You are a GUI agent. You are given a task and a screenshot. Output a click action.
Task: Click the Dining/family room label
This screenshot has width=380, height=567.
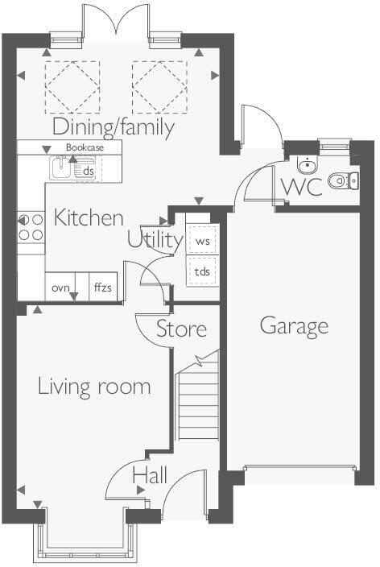tap(114, 127)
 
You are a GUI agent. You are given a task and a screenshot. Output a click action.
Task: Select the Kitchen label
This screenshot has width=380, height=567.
tap(89, 217)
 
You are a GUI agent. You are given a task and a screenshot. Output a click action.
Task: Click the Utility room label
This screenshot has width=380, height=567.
tap(154, 239)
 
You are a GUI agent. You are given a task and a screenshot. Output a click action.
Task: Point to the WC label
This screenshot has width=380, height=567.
tap(302, 187)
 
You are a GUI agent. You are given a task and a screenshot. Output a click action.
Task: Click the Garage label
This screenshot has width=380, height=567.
tap(294, 325)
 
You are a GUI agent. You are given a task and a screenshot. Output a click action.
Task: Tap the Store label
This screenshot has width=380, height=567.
tap(181, 329)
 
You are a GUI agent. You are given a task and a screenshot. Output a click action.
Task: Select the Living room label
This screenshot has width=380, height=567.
tap(94, 387)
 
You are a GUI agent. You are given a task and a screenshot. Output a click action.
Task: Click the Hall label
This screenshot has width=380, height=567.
tap(150, 475)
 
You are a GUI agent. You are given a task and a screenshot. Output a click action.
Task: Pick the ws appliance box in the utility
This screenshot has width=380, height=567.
tap(202, 241)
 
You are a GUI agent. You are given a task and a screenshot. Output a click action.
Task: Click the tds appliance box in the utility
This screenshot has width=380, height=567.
tap(202, 271)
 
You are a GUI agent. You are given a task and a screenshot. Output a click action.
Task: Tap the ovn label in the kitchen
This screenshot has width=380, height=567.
tap(61, 288)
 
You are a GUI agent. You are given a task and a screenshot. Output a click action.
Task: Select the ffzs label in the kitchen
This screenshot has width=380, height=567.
tap(103, 288)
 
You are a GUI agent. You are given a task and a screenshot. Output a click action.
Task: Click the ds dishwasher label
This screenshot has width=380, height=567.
tap(88, 171)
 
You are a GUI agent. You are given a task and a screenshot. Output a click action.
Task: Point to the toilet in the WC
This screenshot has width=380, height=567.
tap(341, 181)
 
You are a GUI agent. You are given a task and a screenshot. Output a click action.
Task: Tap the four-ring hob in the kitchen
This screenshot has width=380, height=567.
tap(31, 226)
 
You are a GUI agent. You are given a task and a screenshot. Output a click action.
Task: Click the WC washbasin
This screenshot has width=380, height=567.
tap(307, 165)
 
